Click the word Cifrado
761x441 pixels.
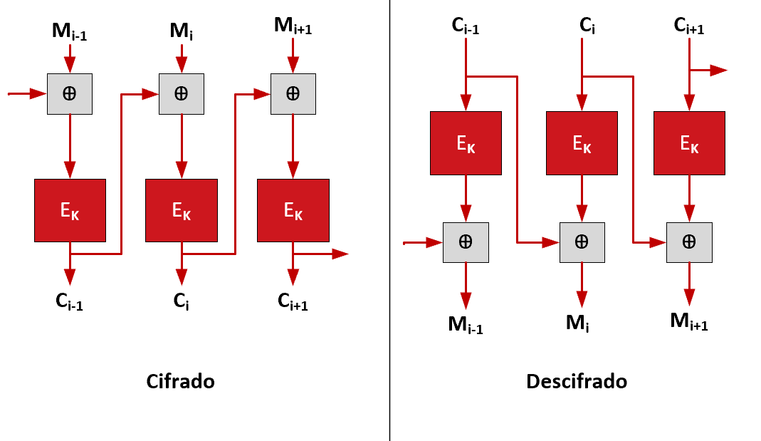[180, 381]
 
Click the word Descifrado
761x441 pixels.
[577, 381]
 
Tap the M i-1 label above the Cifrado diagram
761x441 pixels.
[69, 31]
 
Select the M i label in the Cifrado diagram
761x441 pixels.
[181, 31]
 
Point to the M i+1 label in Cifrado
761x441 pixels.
[293, 26]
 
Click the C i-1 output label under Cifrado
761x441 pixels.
[69, 303]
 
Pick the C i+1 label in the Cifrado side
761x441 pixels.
[293, 303]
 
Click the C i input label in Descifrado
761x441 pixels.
[587, 26]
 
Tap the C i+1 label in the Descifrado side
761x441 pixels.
[689, 26]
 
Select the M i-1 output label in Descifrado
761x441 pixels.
[466, 325]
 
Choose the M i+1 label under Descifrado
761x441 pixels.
[689, 321]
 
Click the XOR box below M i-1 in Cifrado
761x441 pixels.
[70, 93]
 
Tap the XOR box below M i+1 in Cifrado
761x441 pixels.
[293, 93]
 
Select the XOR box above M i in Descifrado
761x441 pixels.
[582, 242]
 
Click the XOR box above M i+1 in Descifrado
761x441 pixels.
[689, 242]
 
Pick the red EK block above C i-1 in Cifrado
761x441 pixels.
[70, 210]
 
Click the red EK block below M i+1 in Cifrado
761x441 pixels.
[293, 210]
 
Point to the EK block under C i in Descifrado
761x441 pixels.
[582, 142]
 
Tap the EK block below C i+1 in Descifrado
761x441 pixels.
[689, 142]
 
